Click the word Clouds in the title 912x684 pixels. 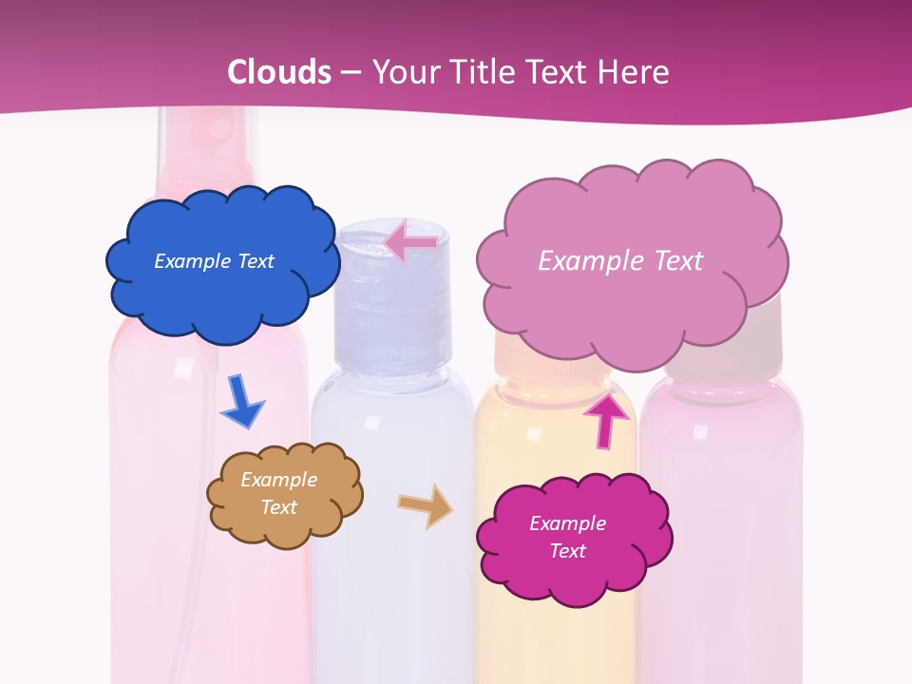click(x=279, y=72)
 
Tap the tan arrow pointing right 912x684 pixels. click(x=425, y=505)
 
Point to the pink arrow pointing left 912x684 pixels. click(x=411, y=242)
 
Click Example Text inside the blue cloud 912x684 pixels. click(x=214, y=261)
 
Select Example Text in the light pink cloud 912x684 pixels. click(x=620, y=260)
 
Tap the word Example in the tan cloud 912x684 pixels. click(x=278, y=480)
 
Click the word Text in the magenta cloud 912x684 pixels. click(x=567, y=551)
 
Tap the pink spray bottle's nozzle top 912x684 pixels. click(x=208, y=128)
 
